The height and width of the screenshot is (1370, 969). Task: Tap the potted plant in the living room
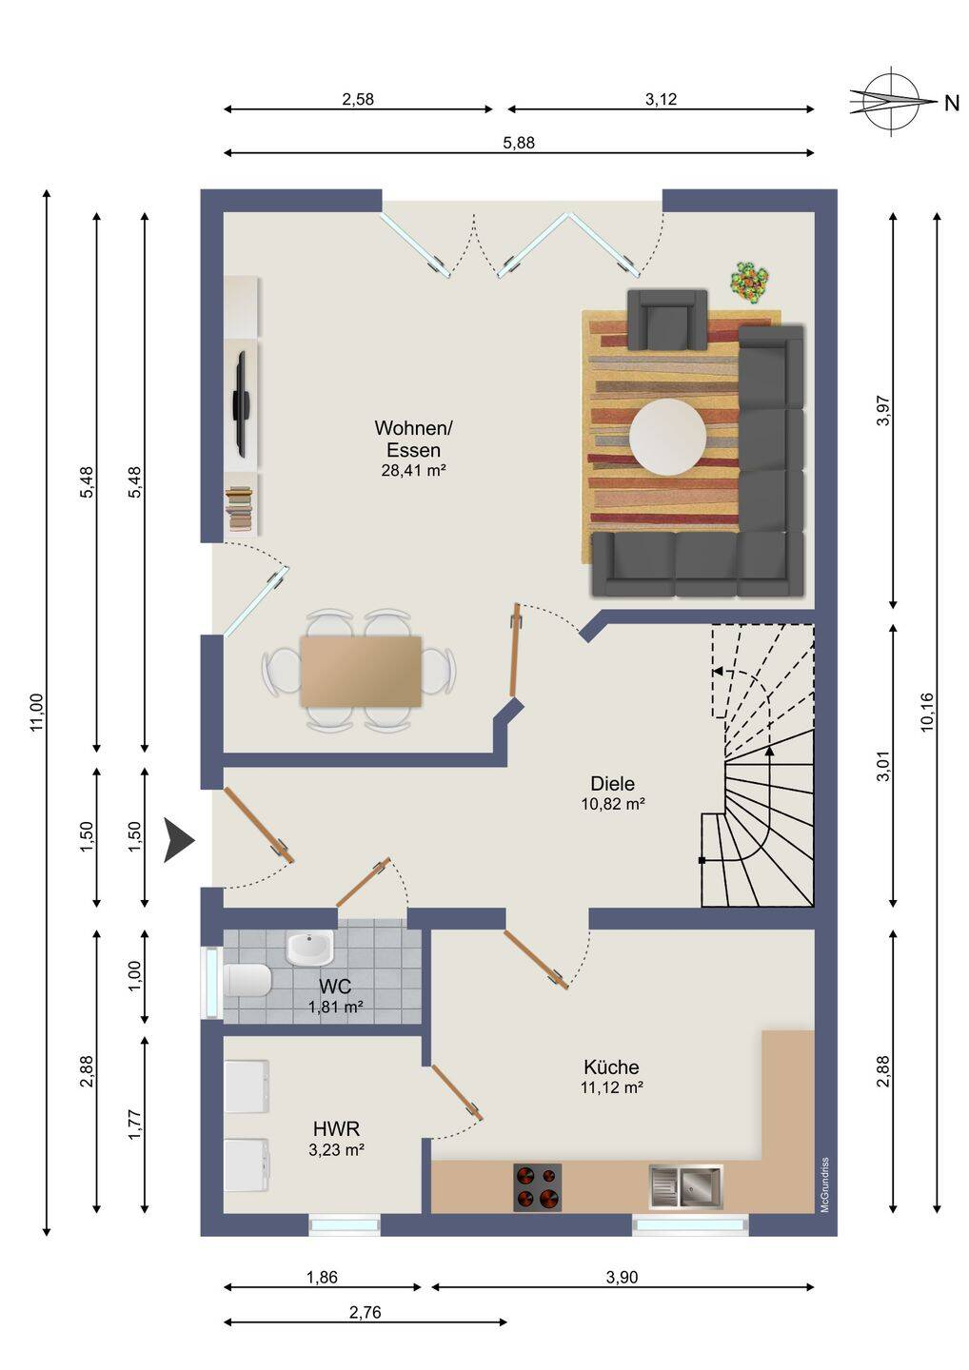click(x=749, y=281)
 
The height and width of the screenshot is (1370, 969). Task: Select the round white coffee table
click(x=667, y=438)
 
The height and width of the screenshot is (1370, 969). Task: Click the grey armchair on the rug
click(x=667, y=319)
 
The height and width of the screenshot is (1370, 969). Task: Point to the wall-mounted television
click(x=241, y=403)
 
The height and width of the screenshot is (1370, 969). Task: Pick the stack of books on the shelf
click(x=239, y=507)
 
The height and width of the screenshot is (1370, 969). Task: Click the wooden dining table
click(x=361, y=671)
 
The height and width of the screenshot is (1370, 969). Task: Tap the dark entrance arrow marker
click(x=179, y=840)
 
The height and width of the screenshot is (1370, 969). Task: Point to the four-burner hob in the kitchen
click(x=537, y=1186)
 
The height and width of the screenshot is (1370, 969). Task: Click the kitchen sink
click(x=685, y=1187)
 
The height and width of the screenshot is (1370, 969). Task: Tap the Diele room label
click(x=612, y=784)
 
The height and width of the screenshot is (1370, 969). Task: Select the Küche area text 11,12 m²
click(x=612, y=1086)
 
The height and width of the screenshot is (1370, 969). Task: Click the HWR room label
click(x=336, y=1127)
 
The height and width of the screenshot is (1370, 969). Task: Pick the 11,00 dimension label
click(x=37, y=712)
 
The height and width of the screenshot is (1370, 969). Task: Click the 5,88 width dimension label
click(x=519, y=143)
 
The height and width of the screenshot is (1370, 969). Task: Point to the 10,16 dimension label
click(x=926, y=712)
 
